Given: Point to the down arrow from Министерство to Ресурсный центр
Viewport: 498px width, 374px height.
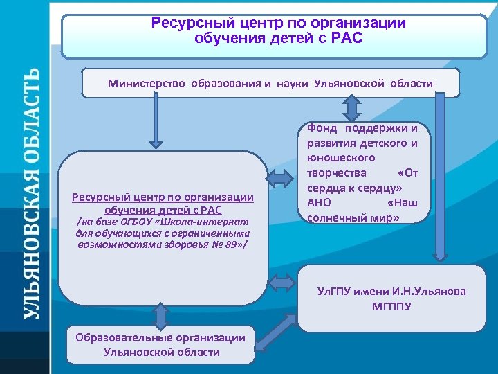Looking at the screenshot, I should click(156, 122).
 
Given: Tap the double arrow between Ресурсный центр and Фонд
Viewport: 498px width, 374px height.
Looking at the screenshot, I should click(281, 179).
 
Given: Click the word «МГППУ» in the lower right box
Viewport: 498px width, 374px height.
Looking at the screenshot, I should click(391, 305).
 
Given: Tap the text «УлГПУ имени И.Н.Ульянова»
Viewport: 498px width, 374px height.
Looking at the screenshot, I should click(391, 291).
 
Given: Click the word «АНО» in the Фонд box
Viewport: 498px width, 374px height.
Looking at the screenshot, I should click(317, 202).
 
